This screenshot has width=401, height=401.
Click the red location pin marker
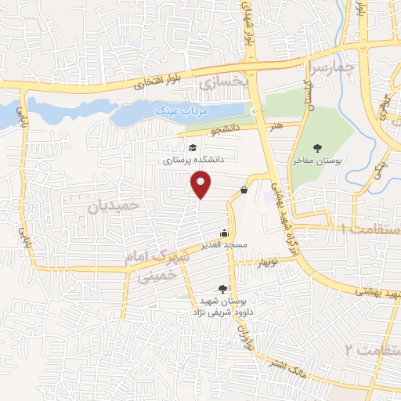click(201, 184)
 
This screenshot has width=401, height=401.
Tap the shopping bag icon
click(244, 190)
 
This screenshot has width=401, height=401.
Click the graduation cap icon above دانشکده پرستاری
click(192, 146)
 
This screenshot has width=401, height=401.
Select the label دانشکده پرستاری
click(193, 159)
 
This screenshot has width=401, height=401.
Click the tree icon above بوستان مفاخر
click(317, 147)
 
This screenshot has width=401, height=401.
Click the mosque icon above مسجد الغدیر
click(226, 232)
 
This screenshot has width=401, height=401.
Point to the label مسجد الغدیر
click(226, 244)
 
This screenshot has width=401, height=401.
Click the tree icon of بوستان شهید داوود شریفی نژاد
click(223, 288)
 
